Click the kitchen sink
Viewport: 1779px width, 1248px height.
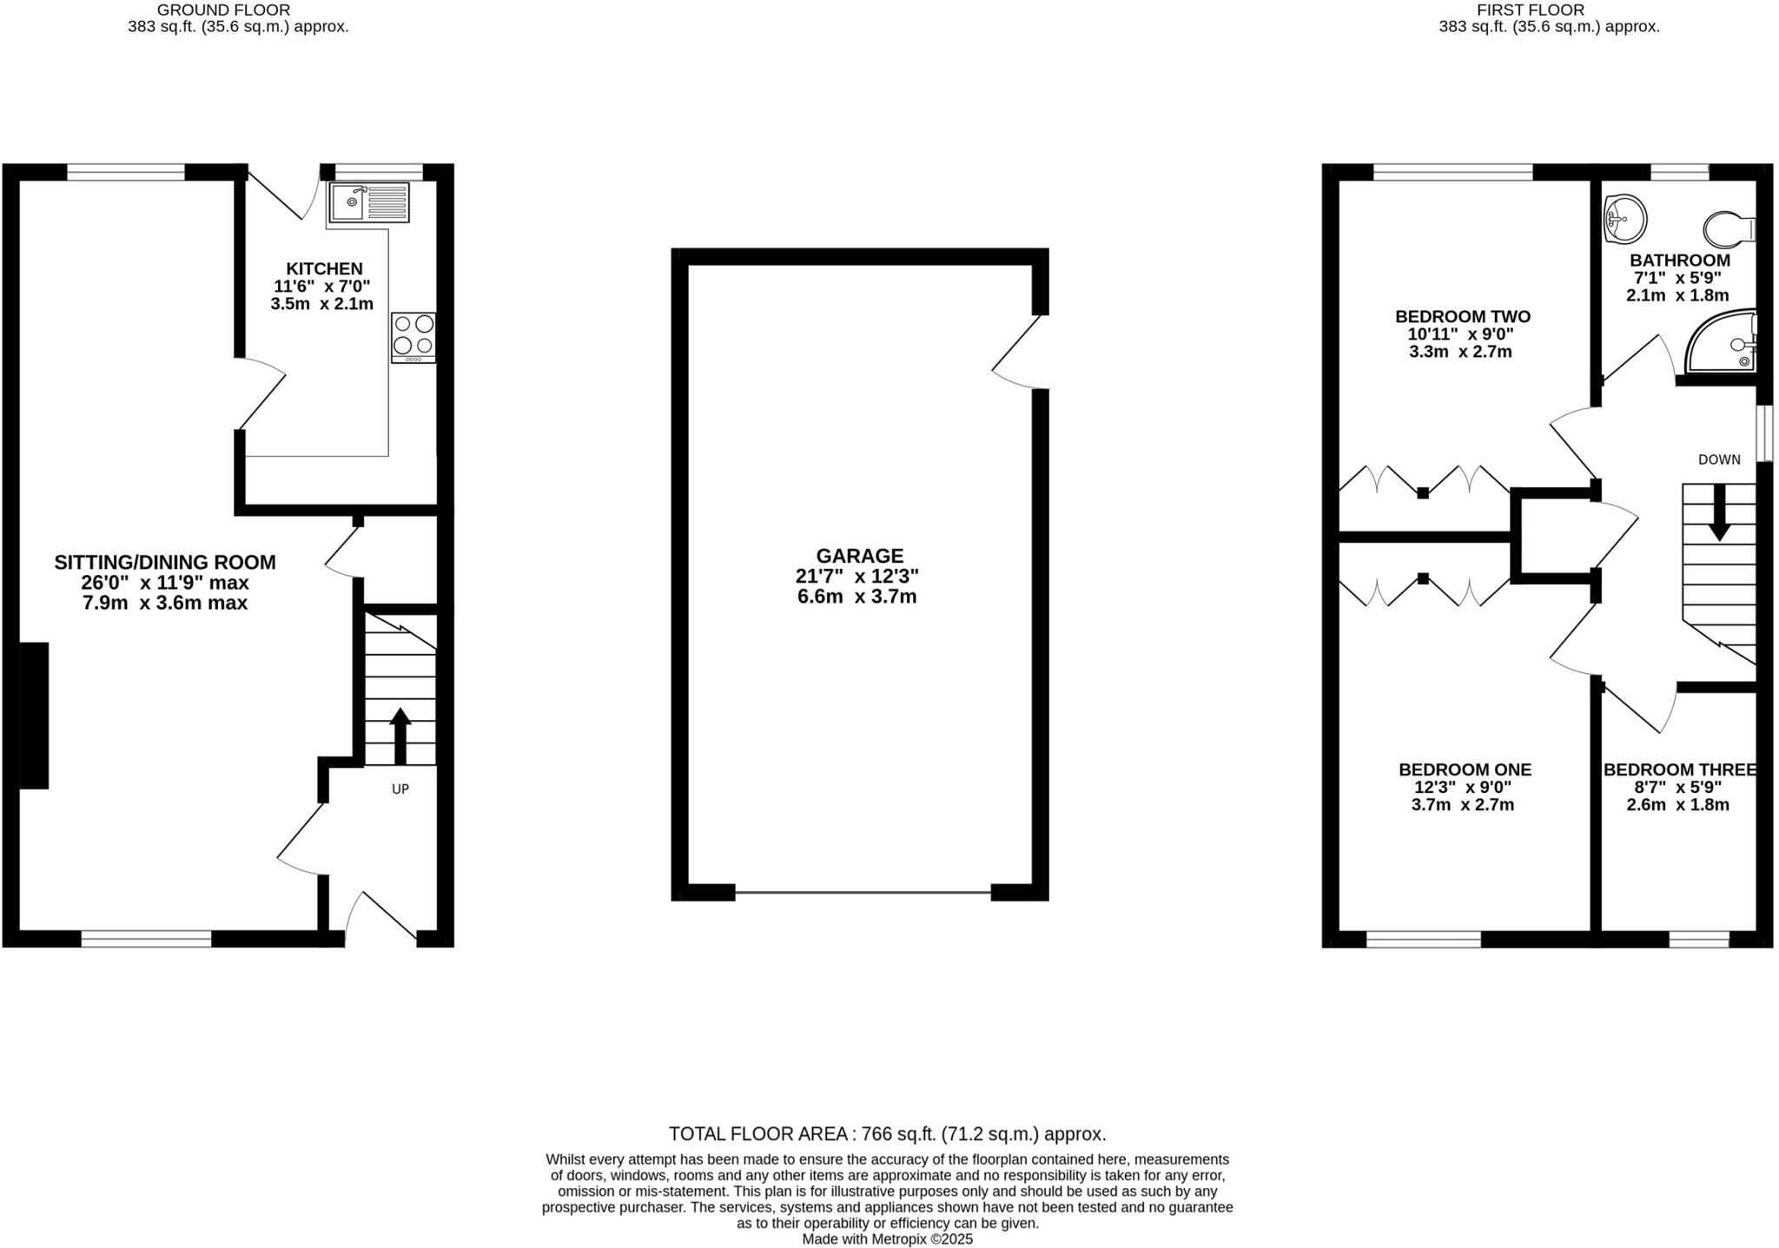click(x=369, y=202)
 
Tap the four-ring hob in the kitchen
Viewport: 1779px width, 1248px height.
click(x=413, y=337)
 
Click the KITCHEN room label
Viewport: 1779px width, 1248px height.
click(x=324, y=269)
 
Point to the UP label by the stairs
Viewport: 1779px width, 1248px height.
click(x=400, y=789)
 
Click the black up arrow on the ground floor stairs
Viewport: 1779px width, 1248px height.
click(x=400, y=735)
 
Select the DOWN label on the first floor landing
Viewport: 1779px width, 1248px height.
click(x=1719, y=459)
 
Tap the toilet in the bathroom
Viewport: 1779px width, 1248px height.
click(x=1729, y=230)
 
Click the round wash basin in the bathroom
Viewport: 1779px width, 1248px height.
click(x=1624, y=217)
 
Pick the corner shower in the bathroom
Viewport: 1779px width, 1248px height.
click(x=1723, y=343)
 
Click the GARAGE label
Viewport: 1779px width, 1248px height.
click(x=859, y=556)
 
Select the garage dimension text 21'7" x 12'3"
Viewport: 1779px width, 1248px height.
click(x=857, y=576)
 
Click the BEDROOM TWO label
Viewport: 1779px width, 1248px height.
click(x=1463, y=317)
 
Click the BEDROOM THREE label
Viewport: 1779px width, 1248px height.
click(x=1680, y=769)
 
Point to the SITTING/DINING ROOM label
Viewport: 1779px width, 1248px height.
click(x=165, y=562)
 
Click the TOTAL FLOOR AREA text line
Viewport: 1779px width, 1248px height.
click(x=887, y=1133)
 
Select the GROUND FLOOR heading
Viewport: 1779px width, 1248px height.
click(x=223, y=10)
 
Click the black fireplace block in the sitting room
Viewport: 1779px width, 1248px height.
click(x=34, y=715)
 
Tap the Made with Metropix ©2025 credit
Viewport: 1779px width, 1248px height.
click(x=887, y=1239)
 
